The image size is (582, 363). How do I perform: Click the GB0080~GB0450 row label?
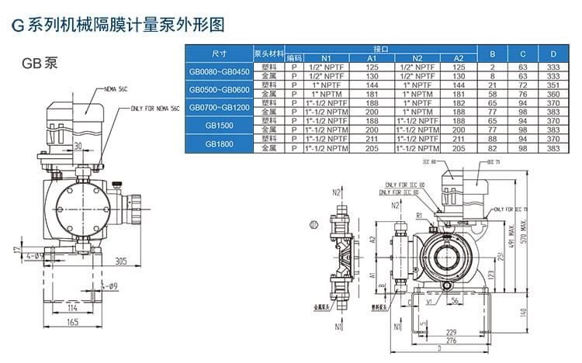point(219,71)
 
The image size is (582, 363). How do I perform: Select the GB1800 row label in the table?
point(219,143)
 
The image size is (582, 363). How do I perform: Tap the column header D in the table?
point(553,54)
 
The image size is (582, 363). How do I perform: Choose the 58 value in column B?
point(492,93)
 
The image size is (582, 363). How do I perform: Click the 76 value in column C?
point(523,93)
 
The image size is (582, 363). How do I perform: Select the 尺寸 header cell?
point(219,54)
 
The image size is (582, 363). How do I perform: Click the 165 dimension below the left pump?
point(71,320)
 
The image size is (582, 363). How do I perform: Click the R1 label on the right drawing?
point(419,214)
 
